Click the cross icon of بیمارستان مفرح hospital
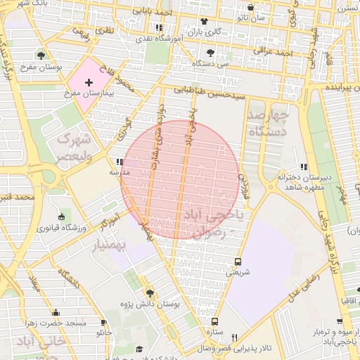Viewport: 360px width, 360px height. click(89, 82)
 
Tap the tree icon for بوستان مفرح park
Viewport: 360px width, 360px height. click(42, 54)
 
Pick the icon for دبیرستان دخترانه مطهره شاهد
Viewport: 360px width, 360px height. click(303, 167)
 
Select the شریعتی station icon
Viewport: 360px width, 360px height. click(236, 259)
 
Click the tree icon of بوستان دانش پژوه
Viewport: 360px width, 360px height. click(149, 292)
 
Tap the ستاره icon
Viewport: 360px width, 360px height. click(214, 321)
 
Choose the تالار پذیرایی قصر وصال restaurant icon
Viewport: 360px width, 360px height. click(235, 337)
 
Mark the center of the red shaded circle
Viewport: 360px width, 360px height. click(180, 179)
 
